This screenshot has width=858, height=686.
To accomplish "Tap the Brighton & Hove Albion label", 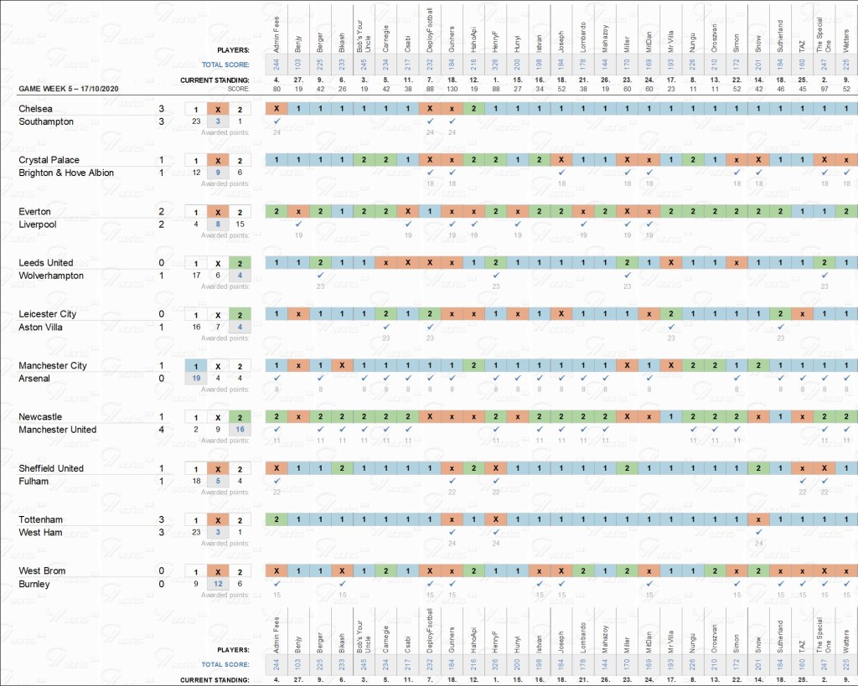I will (66, 173).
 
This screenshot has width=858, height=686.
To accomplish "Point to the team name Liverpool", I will (37, 224).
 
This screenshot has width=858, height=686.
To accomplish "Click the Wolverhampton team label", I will (51, 276).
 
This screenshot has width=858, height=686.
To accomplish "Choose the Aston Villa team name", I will (43, 327).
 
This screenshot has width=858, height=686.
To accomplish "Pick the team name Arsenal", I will (34, 379).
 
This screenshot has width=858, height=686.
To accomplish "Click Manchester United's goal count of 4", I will (162, 430).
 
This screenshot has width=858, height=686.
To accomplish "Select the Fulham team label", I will (34, 482).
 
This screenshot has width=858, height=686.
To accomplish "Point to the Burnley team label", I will (34, 584).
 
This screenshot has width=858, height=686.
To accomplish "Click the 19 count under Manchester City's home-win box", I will (195, 379).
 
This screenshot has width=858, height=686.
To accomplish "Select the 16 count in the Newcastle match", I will (240, 430).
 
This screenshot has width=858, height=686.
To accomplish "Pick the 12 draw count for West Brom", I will (218, 584).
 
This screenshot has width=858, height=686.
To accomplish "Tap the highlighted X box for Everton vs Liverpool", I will (218, 212).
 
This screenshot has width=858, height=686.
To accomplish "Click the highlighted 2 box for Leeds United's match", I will (240, 263).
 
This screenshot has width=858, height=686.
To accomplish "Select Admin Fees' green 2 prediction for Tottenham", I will (276, 520).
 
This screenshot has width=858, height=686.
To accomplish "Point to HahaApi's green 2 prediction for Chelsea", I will (473, 109).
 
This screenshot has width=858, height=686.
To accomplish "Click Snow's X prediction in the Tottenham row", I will (758, 520).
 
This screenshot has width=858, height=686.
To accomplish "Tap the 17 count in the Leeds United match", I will (195, 276).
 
